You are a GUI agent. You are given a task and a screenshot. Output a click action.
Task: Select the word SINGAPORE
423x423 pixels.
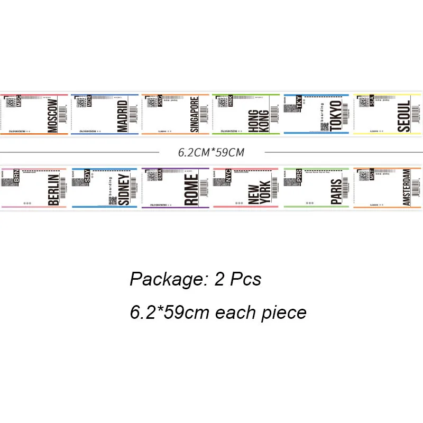tap(194, 114)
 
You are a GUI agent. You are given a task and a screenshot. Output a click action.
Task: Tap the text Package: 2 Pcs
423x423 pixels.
tap(196, 279)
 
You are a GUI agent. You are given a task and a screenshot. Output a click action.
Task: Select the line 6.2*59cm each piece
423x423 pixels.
tap(218, 312)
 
